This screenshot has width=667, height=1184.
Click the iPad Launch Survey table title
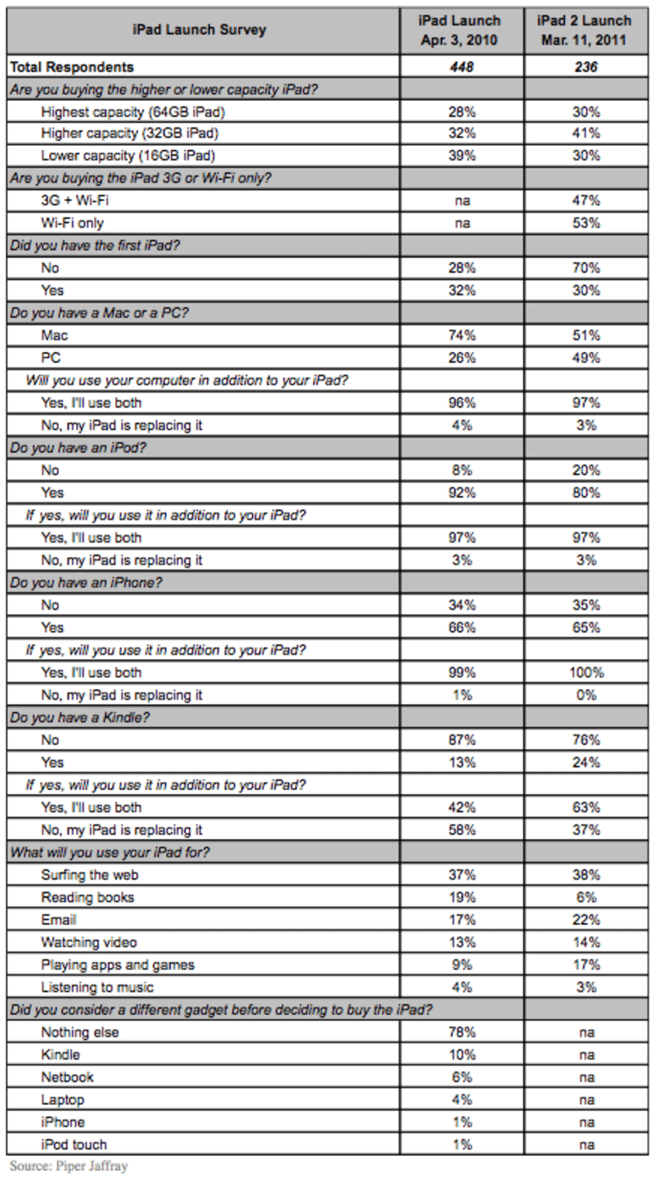click(x=199, y=30)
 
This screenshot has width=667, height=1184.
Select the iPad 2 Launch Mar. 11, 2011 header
click(x=585, y=30)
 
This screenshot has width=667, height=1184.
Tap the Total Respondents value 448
click(x=462, y=67)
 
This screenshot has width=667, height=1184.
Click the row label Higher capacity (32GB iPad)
click(x=129, y=133)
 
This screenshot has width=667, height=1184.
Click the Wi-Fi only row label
click(x=72, y=223)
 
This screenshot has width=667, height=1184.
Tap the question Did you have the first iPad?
click(x=95, y=246)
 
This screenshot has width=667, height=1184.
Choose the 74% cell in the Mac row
click(x=462, y=335)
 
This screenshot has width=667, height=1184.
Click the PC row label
click(x=51, y=358)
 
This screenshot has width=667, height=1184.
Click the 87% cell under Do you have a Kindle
click(x=462, y=740)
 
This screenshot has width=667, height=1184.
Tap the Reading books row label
click(x=88, y=897)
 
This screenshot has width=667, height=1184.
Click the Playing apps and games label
click(x=118, y=965)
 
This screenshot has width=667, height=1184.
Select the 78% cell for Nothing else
click(x=462, y=1032)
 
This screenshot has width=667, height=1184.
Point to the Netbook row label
click(x=67, y=1077)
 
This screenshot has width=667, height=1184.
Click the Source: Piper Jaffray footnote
click(x=68, y=1166)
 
